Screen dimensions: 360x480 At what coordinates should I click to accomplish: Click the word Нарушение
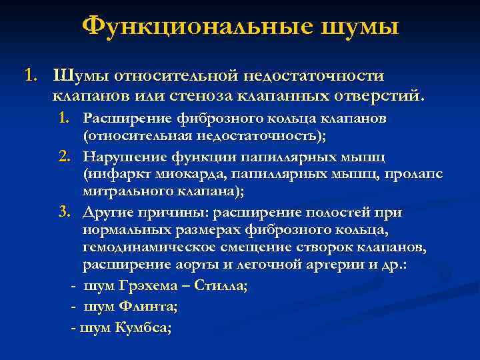click(122, 157)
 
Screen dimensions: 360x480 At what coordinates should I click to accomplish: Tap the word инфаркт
click(112, 175)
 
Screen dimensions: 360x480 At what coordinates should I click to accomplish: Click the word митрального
click(125, 193)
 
